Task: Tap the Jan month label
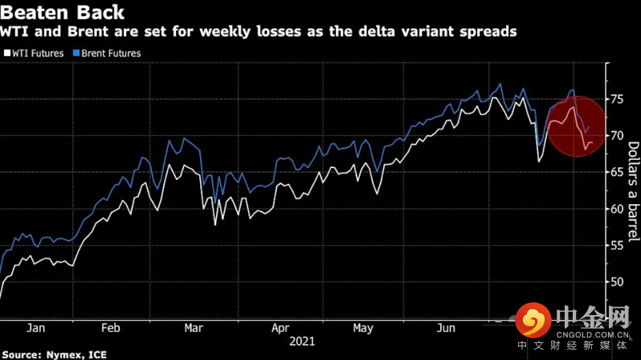coord(35,328)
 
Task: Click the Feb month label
coord(111,328)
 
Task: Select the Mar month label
coord(193,328)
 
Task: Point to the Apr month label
coord(280,328)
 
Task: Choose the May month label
coord(362,328)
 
